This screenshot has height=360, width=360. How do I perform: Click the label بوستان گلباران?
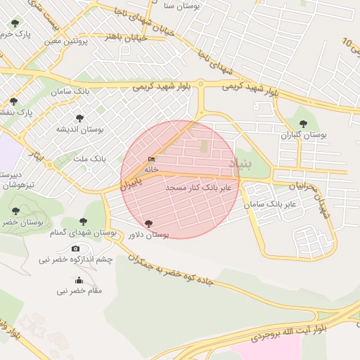tap(304, 134)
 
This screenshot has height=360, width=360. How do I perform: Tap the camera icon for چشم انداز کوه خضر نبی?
tap(76, 248)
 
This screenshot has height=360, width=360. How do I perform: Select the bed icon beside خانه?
tap(152, 160)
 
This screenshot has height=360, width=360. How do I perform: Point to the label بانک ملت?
tap(90, 159)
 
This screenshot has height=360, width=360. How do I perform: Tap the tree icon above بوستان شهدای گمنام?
tap(84, 221)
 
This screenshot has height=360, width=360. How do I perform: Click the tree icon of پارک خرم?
tap(15, 24)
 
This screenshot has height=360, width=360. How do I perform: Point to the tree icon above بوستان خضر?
tap(16, 211)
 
